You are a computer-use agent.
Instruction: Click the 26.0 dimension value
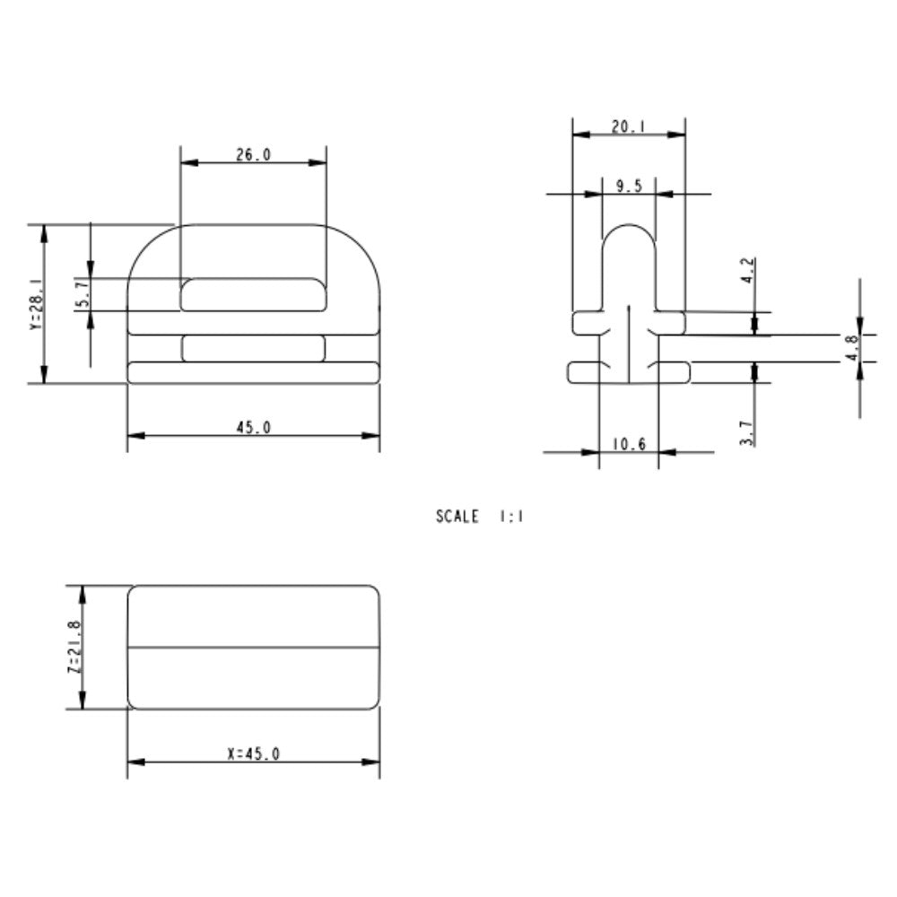254,154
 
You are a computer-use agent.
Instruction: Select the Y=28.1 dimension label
37,304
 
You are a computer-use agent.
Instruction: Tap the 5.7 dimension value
83,293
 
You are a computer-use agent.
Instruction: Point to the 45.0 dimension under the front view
254,427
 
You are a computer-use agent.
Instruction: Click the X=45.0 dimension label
254,754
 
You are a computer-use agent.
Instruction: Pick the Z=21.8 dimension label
74,647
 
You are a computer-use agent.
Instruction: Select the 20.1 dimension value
629,126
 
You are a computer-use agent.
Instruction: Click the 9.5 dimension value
629,186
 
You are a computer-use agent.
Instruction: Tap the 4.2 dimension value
748,271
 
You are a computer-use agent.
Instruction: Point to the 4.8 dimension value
852,348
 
